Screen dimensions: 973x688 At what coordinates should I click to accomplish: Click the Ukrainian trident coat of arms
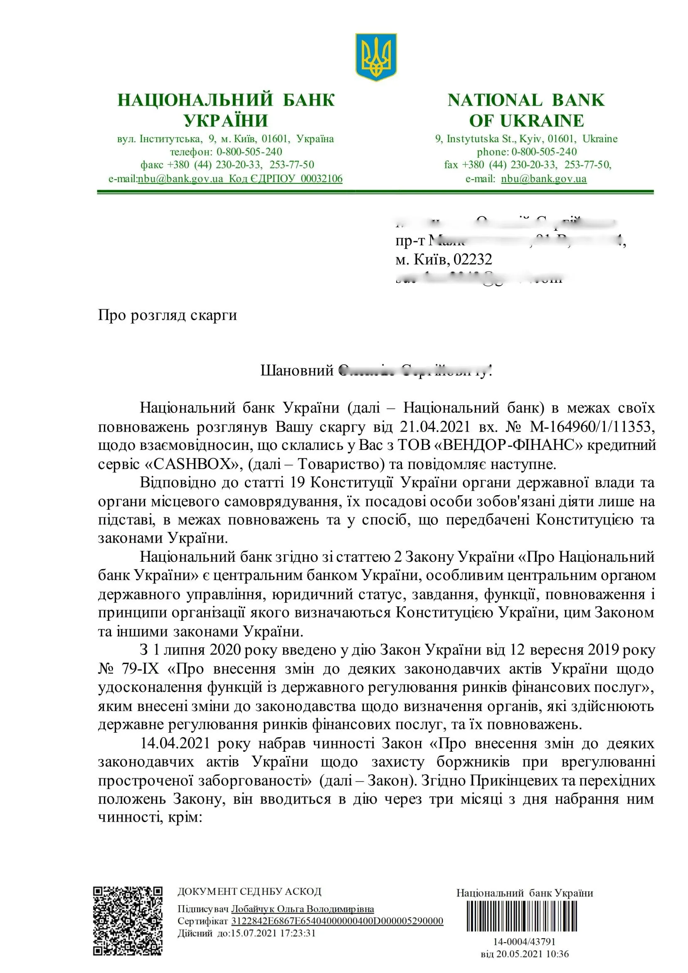coord(375,57)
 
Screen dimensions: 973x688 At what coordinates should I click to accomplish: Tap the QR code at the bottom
coord(128,921)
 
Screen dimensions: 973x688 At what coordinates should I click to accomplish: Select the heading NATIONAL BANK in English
coord(526,100)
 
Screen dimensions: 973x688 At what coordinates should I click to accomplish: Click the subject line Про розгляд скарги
coord(168,315)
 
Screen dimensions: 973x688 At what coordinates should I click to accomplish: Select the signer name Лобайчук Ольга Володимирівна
coord(302,909)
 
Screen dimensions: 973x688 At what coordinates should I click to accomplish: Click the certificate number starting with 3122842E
coord(337,921)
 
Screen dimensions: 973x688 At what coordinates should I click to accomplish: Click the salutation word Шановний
coord(297,370)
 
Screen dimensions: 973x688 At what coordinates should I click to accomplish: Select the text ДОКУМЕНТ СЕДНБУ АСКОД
coord(249,892)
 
